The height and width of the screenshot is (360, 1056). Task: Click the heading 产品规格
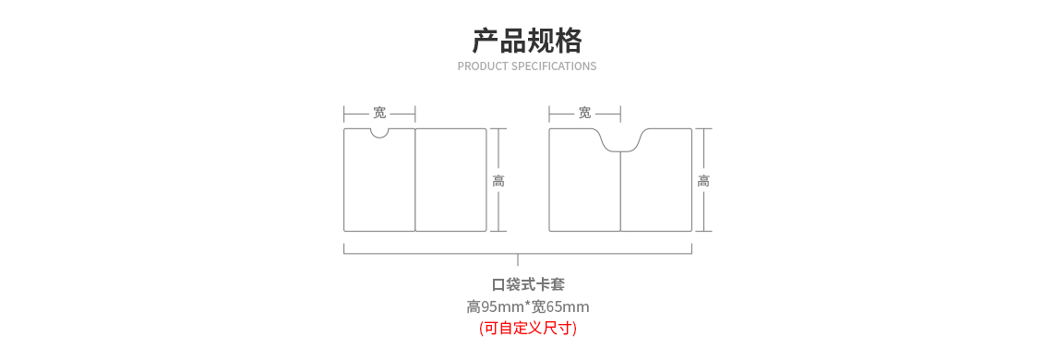pyautogui.click(x=527, y=41)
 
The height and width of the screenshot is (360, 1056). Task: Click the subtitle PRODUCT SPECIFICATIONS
pyautogui.click(x=527, y=66)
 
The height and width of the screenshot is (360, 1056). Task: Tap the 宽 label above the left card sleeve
pyautogui.click(x=379, y=113)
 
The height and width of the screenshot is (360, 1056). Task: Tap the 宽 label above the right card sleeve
pyautogui.click(x=584, y=113)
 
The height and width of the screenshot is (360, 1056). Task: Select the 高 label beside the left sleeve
pyautogui.click(x=498, y=181)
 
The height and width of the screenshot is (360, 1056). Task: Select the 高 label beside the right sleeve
pyautogui.click(x=703, y=181)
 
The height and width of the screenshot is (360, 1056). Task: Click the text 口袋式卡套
pyautogui.click(x=527, y=284)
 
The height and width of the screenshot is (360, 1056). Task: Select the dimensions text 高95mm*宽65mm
pyautogui.click(x=527, y=306)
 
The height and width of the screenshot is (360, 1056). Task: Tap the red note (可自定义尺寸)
pyautogui.click(x=527, y=328)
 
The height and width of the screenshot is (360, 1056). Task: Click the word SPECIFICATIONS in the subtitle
pyautogui.click(x=554, y=66)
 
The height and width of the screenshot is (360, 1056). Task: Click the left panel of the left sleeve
pyautogui.click(x=379, y=185)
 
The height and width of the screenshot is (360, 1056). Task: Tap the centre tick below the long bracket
pyautogui.click(x=518, y=259)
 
